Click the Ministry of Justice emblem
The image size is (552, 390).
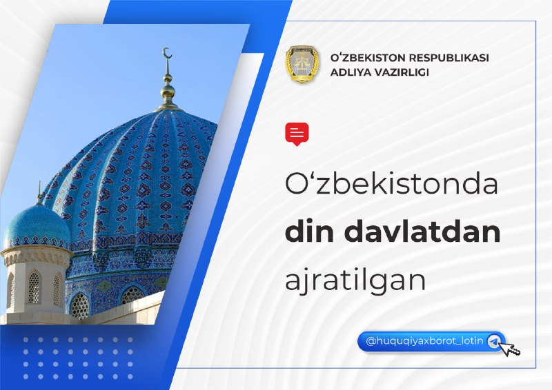pyautogui.click(x=302, y=64)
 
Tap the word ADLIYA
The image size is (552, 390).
pyautogui.click(x=348, y=72)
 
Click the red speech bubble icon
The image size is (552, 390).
pyautogui.click(x=297, y=134)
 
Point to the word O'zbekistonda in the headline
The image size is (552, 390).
pyautogui.click(x=391, y=184)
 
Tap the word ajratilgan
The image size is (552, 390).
pyautogui.click(x=355, y=280)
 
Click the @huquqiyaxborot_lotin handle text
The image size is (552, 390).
pyautogui.click(x=424, y=341)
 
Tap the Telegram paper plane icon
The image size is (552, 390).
pyautogui.click(x=494, y=341)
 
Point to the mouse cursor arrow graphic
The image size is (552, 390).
pyautogui.click(x=510, y=349)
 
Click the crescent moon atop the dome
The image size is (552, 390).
pyautogui.click(x=168, y=53)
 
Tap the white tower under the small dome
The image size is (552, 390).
pyautogui.click(x=35, y=281)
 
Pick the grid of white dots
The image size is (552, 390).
pyautogui.click(x=78, y=358)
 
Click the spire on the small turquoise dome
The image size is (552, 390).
pyautogui.click(x=39, y=193)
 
